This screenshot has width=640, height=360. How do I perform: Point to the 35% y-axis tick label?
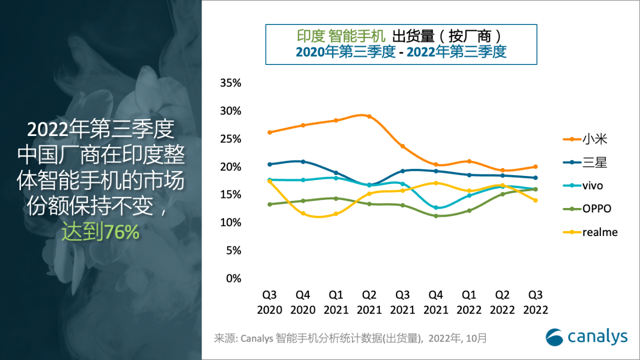(x=230, y=83)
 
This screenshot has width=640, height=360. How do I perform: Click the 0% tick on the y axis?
(x=233, y=278)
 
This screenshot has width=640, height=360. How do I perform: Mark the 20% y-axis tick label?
(x=230, y=166)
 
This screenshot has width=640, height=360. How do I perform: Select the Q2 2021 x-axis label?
(x=369, y=302)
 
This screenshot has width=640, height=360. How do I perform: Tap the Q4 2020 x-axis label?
(x=302, y=302)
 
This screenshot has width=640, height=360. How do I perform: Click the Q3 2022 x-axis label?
(x=535, y=302)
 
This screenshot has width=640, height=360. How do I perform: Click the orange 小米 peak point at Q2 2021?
(x=369, y=116)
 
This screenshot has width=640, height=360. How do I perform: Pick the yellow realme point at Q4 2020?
(x=302, y=213)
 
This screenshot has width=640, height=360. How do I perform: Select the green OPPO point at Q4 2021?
(x=436, y=216)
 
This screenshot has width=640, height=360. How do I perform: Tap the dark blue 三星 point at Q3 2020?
(x=269, y=164)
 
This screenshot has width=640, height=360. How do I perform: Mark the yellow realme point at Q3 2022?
(x=535, y=200)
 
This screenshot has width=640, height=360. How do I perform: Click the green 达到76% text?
(x=100, y=232)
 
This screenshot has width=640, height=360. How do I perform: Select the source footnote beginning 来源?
(x=350, y=338)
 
